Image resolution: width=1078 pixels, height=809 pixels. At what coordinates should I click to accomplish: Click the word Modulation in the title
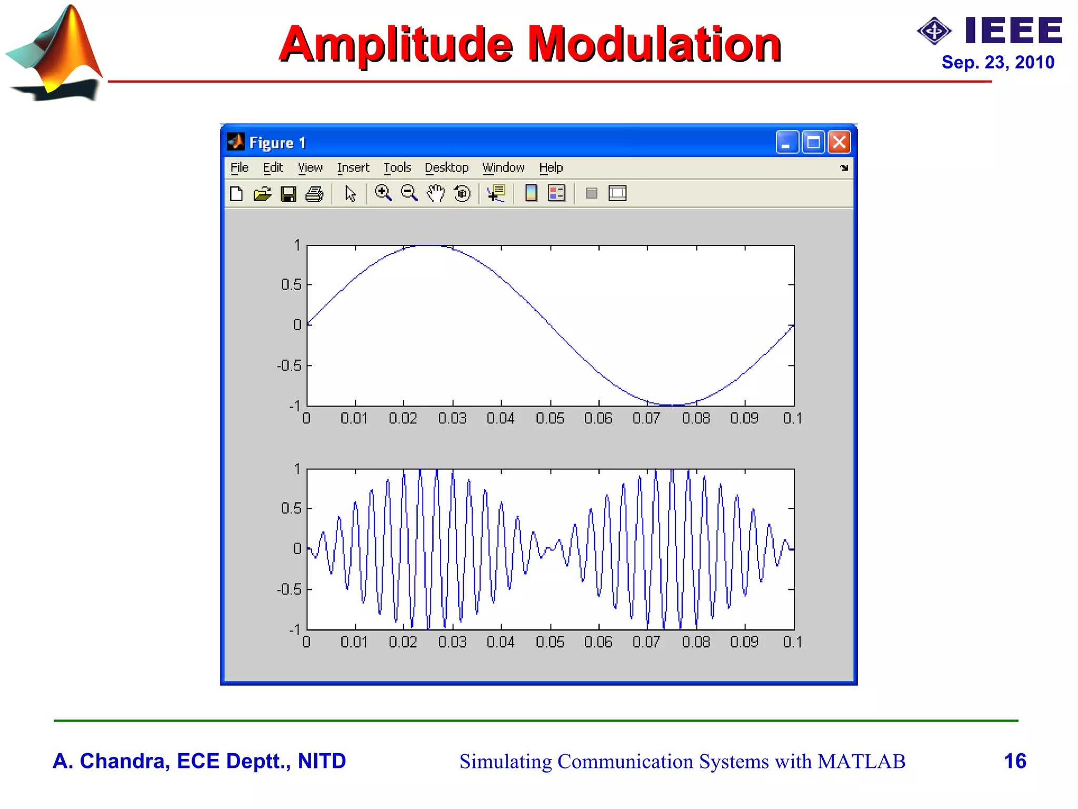(654, 44)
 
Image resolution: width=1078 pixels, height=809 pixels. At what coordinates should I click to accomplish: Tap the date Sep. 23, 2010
(997, 62)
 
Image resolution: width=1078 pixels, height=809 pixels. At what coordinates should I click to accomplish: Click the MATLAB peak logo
(55, 53)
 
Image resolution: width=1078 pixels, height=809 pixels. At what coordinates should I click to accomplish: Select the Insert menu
(353, 167)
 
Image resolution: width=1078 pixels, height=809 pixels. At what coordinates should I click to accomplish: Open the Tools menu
(397, 167)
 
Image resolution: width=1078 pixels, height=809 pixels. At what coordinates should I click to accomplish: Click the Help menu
(551, 167)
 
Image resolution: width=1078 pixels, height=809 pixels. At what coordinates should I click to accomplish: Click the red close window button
(839, 142)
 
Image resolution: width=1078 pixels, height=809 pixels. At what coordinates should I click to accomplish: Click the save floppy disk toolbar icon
(288, 194)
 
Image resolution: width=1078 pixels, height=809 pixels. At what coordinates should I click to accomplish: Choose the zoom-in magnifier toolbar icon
(383, 193)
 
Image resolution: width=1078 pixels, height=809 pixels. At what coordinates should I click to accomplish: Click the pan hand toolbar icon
(435, 193)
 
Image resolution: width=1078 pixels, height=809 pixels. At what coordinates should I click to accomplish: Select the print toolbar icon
(314, 194)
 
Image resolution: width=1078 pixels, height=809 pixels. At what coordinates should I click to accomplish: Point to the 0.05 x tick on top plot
(550, 418)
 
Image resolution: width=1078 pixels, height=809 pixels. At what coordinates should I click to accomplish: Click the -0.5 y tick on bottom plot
(290, 589)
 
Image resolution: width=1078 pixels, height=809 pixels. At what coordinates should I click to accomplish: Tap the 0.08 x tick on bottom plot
(696, 642)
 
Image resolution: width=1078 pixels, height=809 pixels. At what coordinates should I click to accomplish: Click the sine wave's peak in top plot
(429, 245)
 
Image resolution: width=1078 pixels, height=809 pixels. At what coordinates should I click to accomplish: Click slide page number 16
(1014, 761)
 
